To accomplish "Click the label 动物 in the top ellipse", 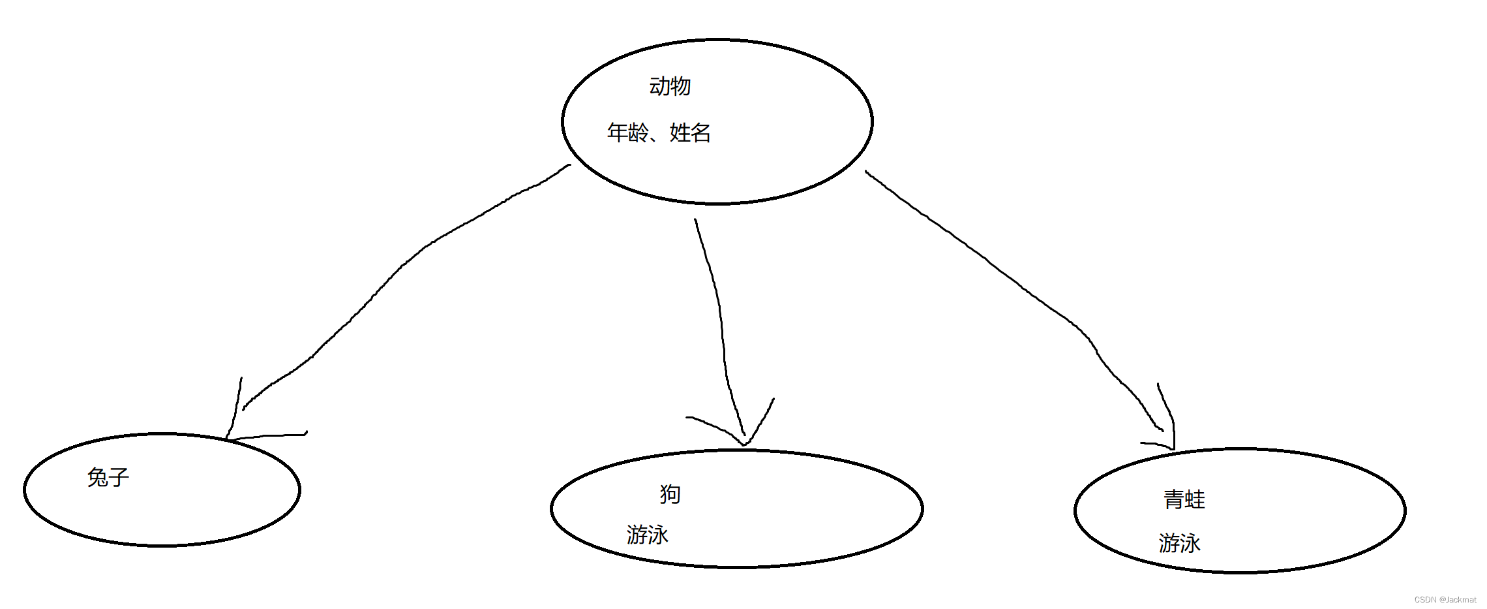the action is coord(670,86).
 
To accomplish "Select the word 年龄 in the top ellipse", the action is coord(627,133).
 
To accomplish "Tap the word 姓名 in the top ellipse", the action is coord(690,133).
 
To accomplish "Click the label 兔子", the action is coord(108,477).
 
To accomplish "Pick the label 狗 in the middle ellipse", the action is coord(670,494).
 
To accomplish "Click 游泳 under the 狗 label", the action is coord(648,535).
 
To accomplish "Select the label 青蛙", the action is coord(1184,499).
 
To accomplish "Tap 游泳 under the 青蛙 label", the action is coord(1180,543).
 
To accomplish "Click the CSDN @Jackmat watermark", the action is coord(1445,600).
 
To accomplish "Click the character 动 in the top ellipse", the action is coord(659,86).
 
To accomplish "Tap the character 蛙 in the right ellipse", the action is coord(1195,499).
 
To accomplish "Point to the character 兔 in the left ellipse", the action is coord(98,477).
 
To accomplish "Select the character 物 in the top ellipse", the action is coord(680,86).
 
